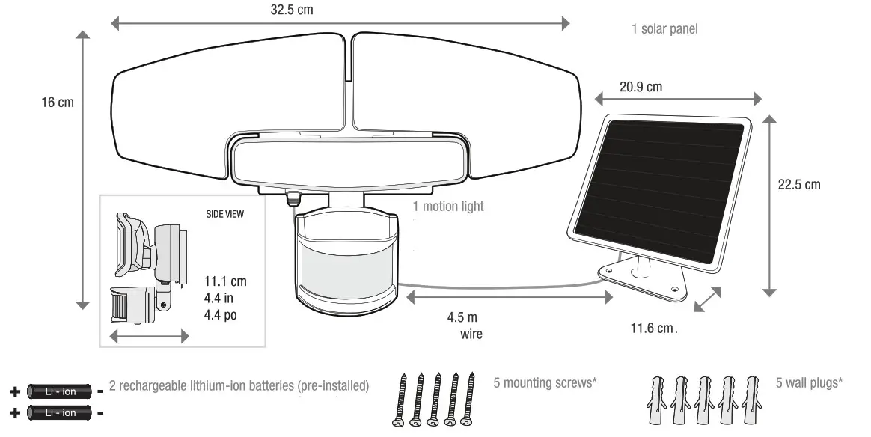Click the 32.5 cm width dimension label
click(291, 11)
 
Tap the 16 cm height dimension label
click(58, 102)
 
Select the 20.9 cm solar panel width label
click(641, 87)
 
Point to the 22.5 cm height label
click(798, 184)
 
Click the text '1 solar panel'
click(664, 29)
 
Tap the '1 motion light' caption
click(449, 206)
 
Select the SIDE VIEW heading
click(224, 213)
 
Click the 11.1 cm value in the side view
click(225, 281)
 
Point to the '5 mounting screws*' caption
click(545, 383)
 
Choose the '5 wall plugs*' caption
click(809, 383)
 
